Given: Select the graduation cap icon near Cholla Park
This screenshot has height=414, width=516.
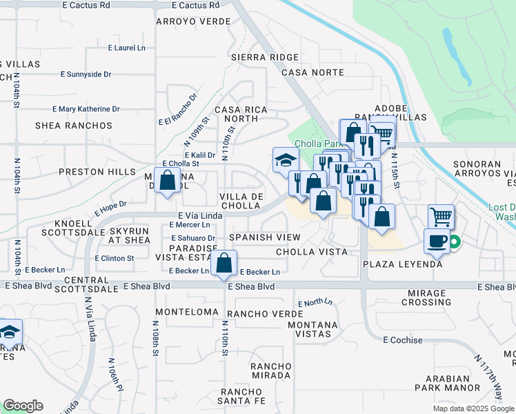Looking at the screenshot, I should [x=286, y=161].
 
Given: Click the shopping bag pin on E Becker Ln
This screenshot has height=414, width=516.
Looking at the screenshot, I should [x=224, y=263].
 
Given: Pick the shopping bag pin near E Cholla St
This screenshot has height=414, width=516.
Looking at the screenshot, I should [x=168, y=181].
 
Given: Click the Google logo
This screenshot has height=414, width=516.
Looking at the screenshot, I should [x=23, y=406].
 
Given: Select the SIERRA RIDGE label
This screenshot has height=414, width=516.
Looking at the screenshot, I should [x=266, y=57].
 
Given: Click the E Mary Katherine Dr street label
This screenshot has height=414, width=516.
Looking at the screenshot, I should [x=86, y=109].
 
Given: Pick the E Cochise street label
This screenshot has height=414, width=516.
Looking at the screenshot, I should [x=403, y=340].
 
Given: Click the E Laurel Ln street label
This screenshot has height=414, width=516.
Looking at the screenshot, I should [x=127, y=48].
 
